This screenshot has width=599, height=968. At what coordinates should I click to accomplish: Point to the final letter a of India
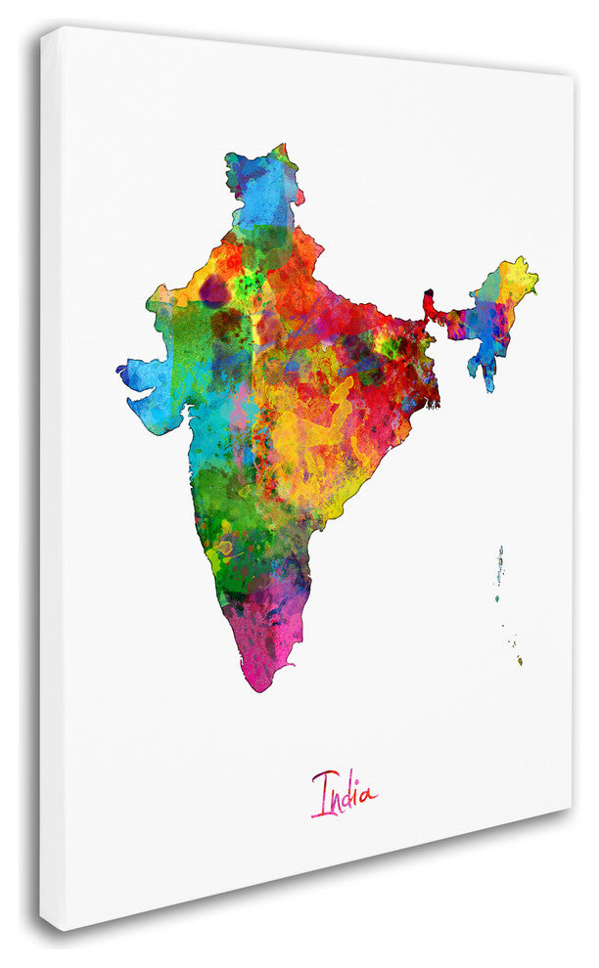tap(366, 796)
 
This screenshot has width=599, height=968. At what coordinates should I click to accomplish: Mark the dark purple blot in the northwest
tap(212, 290)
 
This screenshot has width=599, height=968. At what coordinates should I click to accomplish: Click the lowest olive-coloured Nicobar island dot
tap(521, 661)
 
